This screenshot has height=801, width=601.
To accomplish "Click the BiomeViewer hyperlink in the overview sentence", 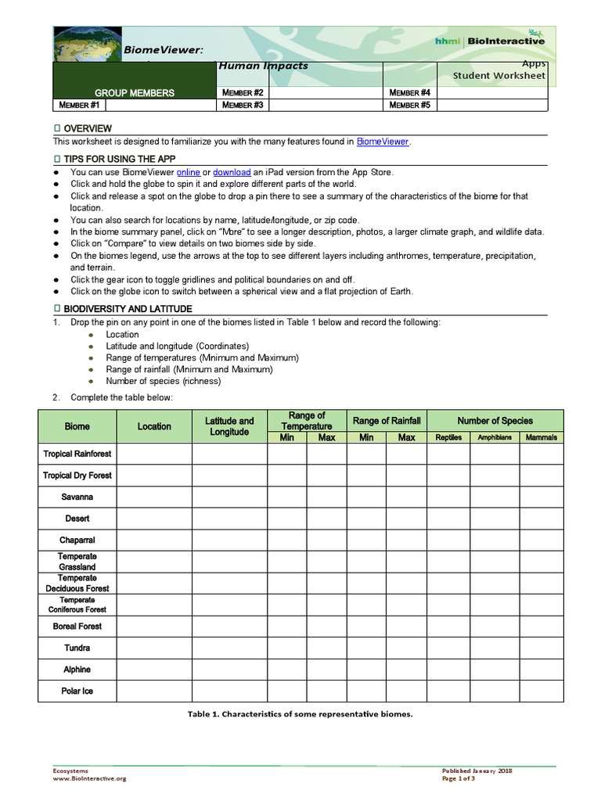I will coord(383,142).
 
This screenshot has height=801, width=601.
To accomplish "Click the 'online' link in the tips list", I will coord(189,172).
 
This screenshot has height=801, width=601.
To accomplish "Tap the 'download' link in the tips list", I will coord(232,172).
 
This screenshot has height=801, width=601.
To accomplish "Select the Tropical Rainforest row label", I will coord(77,454).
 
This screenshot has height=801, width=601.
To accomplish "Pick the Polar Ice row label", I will coord(77,691).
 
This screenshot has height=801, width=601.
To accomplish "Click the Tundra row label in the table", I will coord(77,648).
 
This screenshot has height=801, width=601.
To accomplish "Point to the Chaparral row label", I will coord(77,540).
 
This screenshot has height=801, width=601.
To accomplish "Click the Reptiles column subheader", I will coord(448,437).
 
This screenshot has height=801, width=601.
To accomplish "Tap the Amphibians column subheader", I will coord(495,437).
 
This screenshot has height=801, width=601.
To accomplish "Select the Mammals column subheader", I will coord(542,437).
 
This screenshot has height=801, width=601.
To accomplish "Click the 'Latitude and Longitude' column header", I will coord(229,426).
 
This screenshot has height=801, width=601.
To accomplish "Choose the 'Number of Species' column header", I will coord(495,421).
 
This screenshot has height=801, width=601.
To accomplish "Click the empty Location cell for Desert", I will coord(154,519).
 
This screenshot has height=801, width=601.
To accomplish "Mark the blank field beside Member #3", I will coord(326,105).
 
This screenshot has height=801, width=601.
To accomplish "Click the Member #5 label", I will coord(409,105).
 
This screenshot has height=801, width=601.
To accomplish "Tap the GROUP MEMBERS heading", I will coord(135,93).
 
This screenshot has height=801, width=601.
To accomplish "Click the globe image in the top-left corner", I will coord(87,45).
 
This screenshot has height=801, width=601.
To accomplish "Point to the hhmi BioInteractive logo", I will coord(490,41).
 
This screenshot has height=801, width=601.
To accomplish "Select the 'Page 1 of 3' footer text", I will coord(459,778).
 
